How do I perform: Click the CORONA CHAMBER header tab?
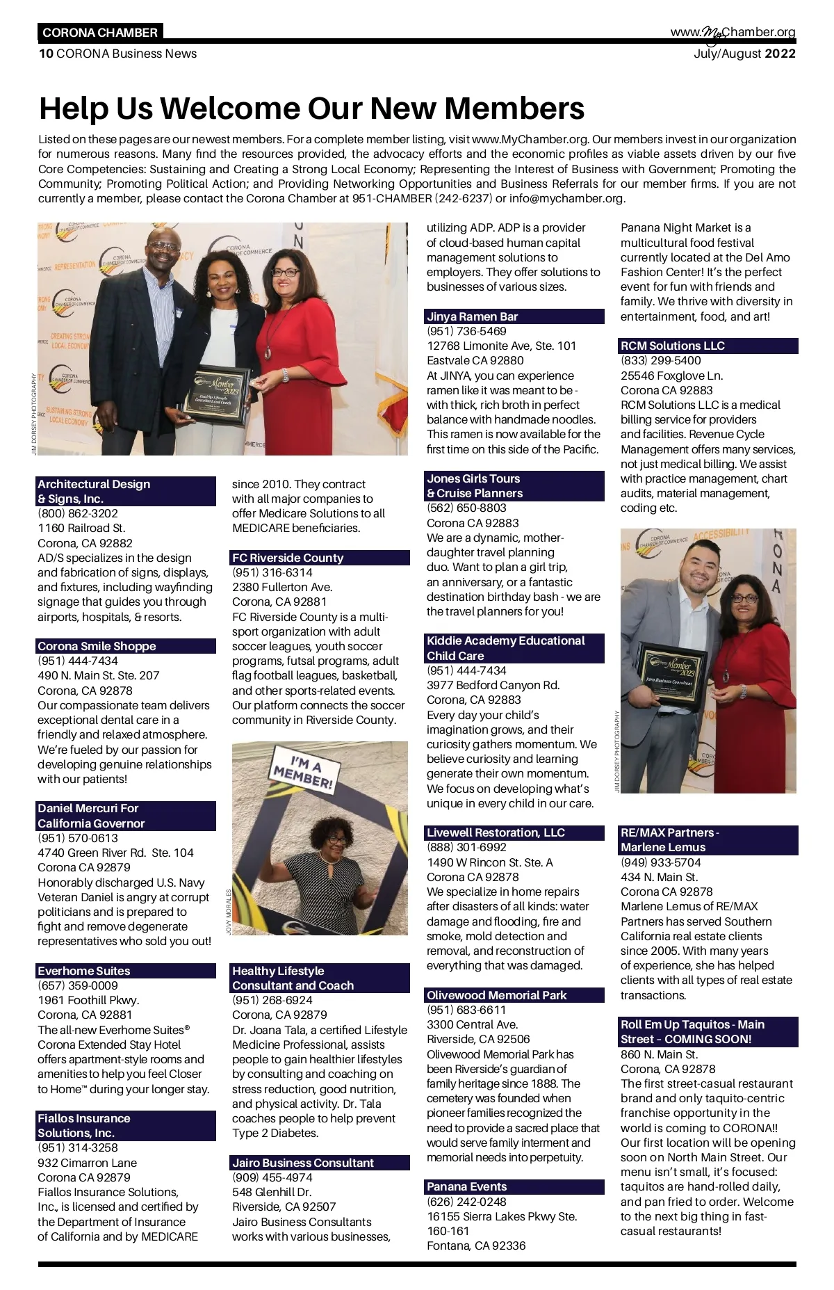pos(100,33)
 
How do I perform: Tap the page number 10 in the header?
pos(46,54)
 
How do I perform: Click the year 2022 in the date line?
pos(780,54)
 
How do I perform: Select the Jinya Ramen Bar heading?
pos(473,316)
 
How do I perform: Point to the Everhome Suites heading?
pos(84,971)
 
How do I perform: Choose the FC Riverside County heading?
pos(288,558)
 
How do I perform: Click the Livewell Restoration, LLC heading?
pos(496,832)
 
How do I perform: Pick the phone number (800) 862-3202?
pos(78,513)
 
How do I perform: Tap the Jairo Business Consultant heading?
pos(303,1163)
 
